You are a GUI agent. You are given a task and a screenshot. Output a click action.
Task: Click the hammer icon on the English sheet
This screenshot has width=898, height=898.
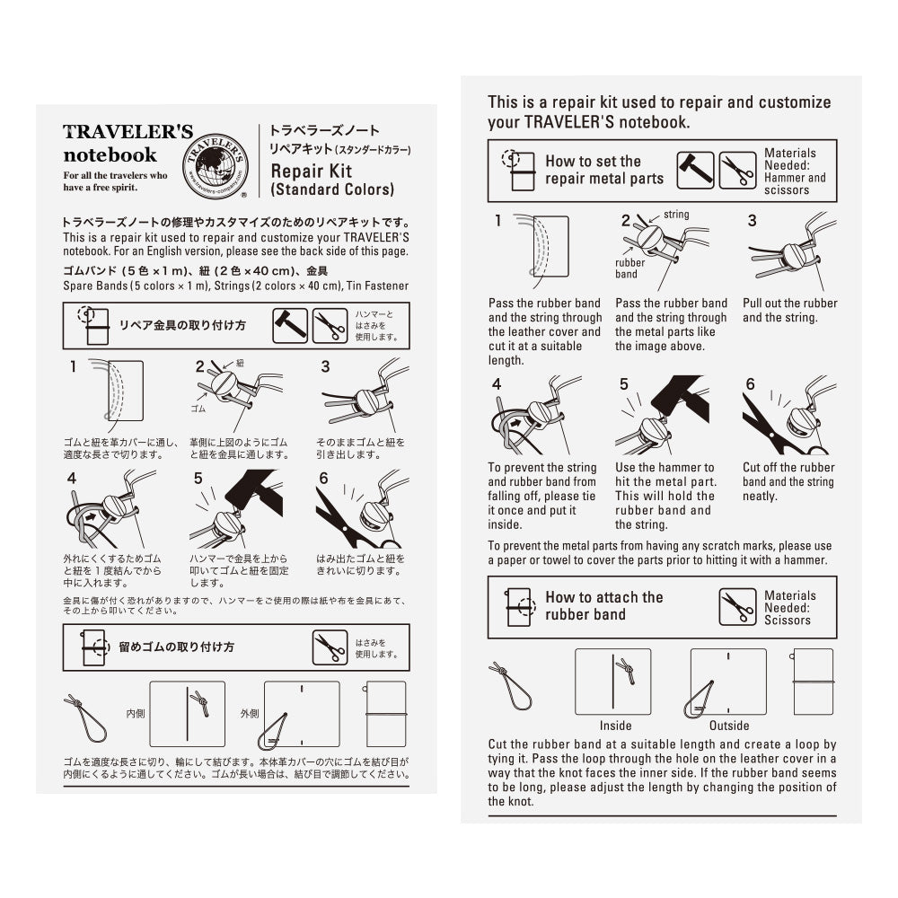coord(695,170)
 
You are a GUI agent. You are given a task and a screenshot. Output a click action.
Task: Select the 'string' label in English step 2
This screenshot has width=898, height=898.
coord(675,216)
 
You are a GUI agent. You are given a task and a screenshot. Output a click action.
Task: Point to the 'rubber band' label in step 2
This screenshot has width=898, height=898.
coord(630,269)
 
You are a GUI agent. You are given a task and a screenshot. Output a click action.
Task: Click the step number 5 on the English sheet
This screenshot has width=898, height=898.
coord(624,383)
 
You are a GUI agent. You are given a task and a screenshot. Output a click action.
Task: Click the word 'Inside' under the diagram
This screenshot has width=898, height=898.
coord(615,726)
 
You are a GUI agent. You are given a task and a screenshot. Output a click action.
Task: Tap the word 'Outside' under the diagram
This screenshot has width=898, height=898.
coord(729,726)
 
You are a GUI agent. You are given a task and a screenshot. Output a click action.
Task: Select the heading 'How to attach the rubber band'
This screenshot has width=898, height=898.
coord(603,606)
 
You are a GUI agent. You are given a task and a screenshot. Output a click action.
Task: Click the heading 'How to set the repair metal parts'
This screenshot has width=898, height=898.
coord(603,170)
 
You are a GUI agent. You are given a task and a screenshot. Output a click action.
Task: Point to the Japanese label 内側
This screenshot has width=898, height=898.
coord(136,714)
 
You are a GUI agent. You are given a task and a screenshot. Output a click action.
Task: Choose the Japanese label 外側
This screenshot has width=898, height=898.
coord(249,714)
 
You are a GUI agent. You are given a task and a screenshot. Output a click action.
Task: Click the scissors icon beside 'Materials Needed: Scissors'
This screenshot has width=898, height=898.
coord(737,607)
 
